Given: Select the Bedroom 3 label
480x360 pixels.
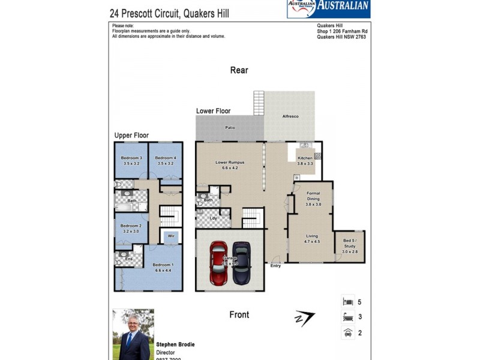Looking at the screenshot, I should click(x=131, y=158).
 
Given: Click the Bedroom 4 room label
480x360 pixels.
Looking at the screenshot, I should click(x=164, y=158).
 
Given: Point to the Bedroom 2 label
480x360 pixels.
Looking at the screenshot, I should click(x=131, y=226).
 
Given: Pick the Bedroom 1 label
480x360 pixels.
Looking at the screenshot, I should click(x=163, y=265).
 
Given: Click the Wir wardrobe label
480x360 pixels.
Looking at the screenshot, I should click(x=171, y=236).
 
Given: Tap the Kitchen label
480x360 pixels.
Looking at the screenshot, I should click(x=305, y=158).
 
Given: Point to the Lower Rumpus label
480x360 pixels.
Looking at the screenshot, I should click(x=230, y=162).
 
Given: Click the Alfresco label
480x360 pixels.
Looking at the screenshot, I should click(x=290, y=116).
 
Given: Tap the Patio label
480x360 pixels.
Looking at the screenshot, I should click(x=230, y=127).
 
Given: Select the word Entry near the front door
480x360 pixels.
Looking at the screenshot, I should click(x=275, y=266).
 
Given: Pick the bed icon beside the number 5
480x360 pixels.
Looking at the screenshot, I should click(x=347, y=302).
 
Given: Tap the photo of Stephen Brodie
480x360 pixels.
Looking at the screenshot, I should click(x=133, y=334).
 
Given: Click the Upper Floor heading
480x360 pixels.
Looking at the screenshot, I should click(x=131, y=136).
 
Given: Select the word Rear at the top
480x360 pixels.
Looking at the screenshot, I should click(x=239, y=70).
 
